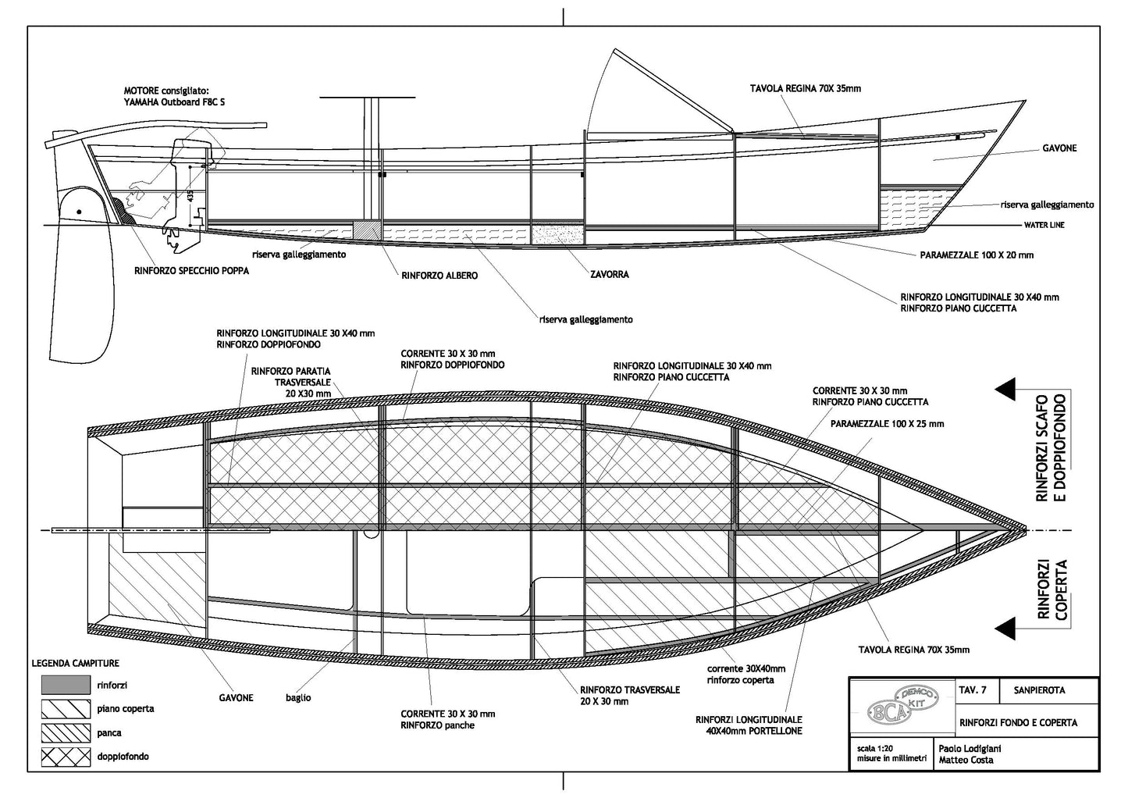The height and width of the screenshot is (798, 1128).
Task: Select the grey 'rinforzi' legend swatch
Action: tap(66, 685)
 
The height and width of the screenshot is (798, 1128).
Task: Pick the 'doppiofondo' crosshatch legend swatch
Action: tap(66, 756)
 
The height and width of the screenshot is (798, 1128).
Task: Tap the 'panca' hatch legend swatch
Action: tap(66, 732)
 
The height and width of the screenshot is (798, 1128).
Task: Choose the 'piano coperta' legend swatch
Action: tap(66, 709)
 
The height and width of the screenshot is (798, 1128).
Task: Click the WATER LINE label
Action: tap(1044, 226)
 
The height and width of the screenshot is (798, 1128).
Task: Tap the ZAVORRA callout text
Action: tap(609, 275)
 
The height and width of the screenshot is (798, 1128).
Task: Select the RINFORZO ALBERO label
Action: tap(439, 276)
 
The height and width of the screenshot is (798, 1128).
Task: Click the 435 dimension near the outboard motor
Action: tap(190, 195)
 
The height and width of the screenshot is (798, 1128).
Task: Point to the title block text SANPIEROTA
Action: tap(1039, 690)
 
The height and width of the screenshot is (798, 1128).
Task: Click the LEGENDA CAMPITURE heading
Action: tap(75, 663)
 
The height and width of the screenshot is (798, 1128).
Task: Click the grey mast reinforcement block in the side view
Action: tap(367, 230)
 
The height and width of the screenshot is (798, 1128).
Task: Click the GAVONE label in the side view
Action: tap(1059, 148)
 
